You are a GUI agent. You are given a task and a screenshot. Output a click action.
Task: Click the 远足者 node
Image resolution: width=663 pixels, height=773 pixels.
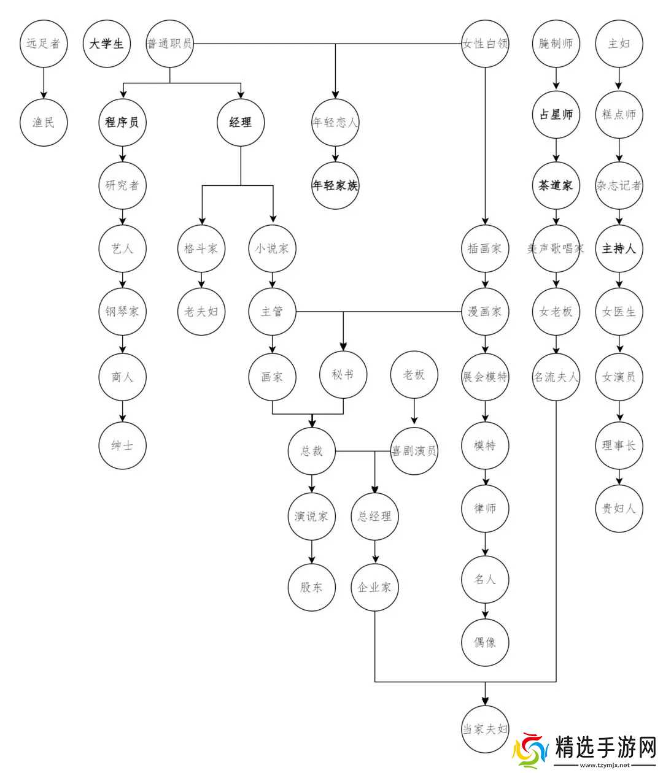(44, 44)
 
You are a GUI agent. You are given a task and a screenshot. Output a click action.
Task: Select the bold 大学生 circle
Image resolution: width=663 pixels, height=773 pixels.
(107, 44)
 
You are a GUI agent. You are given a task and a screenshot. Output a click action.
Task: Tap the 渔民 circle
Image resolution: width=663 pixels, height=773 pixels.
(44, 122)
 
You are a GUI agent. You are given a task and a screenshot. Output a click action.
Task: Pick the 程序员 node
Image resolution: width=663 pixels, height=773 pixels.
(122, 122)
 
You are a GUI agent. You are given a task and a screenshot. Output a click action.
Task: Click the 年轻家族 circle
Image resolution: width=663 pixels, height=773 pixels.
(335, 185)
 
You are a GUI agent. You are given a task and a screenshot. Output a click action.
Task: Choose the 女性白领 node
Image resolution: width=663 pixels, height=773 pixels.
(485, 44)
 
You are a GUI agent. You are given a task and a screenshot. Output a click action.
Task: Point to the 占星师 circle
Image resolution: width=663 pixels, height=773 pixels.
(556, 114)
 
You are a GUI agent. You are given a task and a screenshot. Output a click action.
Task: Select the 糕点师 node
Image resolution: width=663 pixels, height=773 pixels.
(619, 114)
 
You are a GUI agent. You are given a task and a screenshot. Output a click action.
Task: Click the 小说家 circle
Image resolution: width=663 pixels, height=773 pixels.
(272, 248)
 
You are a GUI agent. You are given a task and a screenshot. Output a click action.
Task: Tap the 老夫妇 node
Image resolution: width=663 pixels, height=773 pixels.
(201, 312)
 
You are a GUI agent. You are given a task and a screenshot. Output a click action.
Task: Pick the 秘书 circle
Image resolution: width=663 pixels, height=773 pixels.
(343, 374)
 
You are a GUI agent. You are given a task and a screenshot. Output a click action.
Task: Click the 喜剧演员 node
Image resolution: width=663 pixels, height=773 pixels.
(414, 451)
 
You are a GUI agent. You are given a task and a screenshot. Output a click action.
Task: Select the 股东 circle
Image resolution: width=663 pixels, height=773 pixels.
(311, 587)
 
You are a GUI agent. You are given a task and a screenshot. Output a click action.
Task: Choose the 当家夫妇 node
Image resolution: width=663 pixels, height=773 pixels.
(485, 729)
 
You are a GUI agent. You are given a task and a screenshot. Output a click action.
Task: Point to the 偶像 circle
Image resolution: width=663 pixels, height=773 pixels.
(485, 642)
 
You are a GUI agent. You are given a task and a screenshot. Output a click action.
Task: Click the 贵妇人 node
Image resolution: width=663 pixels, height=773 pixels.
(619, 509)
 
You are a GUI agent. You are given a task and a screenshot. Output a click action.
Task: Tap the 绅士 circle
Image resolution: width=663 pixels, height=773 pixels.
(122, 445)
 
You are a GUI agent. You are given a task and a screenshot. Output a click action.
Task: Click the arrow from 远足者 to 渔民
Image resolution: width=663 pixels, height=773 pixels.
(44, 83)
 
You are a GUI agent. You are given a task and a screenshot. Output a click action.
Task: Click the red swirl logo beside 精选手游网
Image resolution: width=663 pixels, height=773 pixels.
(532, 750)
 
